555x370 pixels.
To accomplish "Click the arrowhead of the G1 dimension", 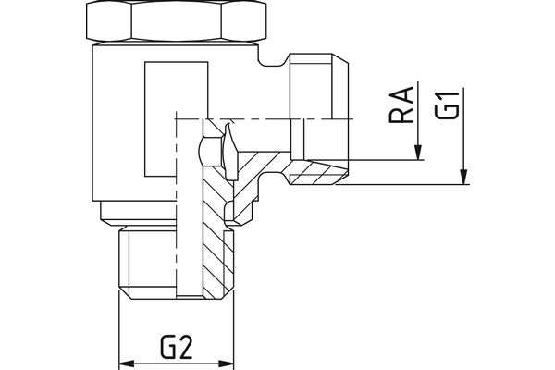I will click(463, 177).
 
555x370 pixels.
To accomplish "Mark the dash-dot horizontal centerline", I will click(250, 119).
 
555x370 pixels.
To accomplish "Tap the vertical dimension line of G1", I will click(463, 129).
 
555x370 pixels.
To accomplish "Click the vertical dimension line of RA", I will click(419, 120).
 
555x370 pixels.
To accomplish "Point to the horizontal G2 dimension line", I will click(176, 361).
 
